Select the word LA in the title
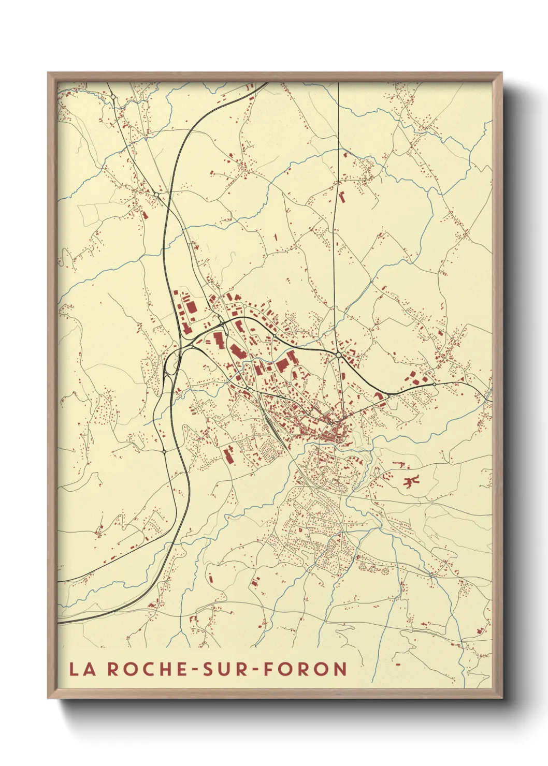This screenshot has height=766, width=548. coord(83,669)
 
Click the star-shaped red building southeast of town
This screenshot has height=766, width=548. coord(411,481)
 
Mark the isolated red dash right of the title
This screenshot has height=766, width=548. coord(398,663)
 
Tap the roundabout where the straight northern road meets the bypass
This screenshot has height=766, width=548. coord(338,355)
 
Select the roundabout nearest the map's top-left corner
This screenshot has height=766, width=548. coord(112,96)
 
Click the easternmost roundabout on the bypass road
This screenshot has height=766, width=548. coord(434,384)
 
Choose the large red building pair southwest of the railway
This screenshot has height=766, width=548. coord(228,455)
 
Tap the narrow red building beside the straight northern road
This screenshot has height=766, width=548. coord(342,197)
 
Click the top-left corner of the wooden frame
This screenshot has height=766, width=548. coord(48,73)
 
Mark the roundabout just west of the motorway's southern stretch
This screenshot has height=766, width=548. coord(164,451)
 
